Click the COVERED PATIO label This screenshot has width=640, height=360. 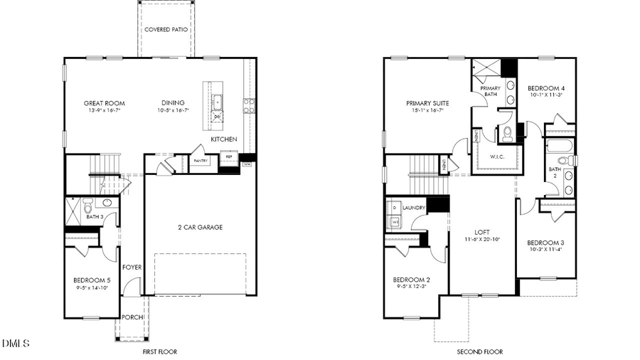[166, 30]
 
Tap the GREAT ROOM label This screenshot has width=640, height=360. [104, 103]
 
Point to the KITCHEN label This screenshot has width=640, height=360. [224, 139]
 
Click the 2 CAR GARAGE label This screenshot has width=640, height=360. [200, 228]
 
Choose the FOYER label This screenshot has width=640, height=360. [132, 268]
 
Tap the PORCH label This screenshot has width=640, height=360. [131, 317]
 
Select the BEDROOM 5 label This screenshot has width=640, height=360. [92, 280]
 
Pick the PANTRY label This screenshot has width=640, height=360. [201, 162]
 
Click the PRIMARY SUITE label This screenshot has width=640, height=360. [426, 102]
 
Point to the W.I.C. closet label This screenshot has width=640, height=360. [496, 157]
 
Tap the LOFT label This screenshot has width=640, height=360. [482, 233]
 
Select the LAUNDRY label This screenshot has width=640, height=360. [413, 208]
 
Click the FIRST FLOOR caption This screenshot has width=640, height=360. [160, 351]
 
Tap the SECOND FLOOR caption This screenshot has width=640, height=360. [479, 351]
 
